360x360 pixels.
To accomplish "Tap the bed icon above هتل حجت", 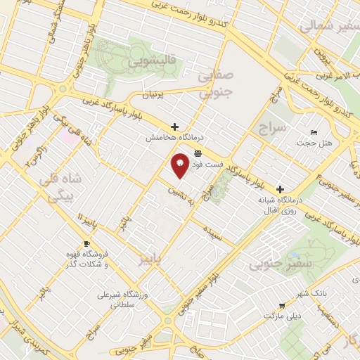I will pos(314,132).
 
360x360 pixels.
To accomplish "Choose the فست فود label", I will pos(210,164).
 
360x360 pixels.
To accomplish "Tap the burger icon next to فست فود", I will pos(199,153).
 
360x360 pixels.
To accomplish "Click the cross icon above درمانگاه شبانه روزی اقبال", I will pos(281,189).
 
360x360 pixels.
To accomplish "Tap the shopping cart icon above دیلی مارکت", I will pos(281,305).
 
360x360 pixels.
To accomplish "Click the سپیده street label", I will pos(213,232).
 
